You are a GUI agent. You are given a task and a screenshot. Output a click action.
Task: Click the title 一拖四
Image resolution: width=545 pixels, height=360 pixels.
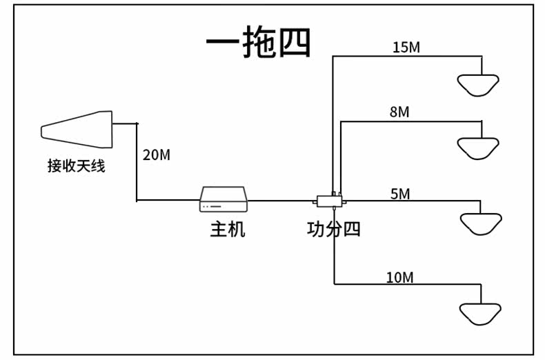(258, 41)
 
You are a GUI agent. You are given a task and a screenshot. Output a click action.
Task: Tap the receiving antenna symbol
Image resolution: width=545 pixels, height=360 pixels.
(77, 129)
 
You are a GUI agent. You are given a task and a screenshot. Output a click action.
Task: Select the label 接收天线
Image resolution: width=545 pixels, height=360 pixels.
(76, 166)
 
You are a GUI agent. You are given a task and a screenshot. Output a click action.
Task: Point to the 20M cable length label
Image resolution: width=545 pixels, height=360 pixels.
(157, 155)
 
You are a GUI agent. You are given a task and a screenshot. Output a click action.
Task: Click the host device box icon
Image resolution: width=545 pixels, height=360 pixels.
(224, 199)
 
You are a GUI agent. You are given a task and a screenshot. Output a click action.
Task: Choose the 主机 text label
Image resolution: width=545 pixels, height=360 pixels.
(228, 230)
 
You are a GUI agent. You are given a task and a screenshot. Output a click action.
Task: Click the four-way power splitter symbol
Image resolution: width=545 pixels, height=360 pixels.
(330, 201)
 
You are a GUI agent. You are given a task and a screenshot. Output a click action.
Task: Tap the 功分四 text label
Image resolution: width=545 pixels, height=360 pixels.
(334, 230)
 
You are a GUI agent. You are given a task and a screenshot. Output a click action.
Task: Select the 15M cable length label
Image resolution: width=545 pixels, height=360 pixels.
(406, 48)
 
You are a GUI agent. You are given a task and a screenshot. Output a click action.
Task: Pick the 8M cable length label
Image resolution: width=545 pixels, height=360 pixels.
(399, 112)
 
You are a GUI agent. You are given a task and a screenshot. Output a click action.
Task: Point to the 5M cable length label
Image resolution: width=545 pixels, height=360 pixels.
(400, 194)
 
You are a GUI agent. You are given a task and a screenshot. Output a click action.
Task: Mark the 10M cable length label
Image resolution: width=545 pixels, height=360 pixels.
(399, 278)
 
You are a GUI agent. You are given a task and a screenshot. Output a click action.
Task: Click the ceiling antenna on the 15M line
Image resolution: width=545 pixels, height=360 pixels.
(478, 85)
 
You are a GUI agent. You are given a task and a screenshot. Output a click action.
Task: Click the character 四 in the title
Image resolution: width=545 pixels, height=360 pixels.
(295, 43)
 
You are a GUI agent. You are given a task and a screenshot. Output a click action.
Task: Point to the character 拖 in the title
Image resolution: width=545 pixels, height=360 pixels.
(258, 41)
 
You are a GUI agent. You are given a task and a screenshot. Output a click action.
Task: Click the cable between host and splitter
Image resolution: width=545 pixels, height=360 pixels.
(280, 201)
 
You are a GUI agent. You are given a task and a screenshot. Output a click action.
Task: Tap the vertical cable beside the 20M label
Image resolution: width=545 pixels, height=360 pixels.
(137, 162)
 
